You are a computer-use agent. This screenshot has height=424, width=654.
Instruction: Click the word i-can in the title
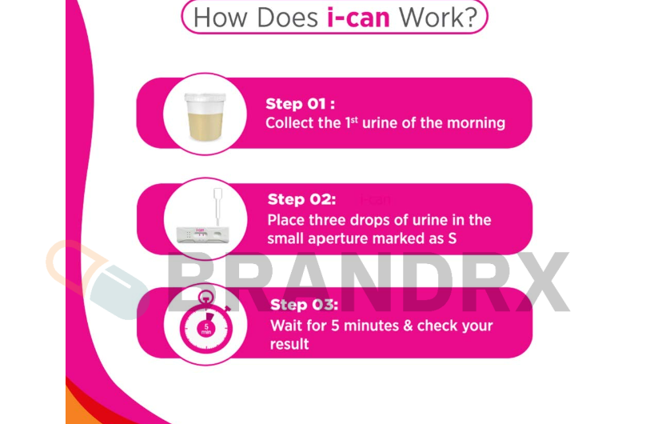358,18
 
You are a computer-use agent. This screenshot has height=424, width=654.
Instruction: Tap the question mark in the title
470,18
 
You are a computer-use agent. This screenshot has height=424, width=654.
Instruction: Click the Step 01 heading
300,103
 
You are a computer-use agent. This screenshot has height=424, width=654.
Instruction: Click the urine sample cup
205,117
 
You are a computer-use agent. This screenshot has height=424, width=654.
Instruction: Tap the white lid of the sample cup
205,98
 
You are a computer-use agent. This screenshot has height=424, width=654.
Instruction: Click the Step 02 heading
301,199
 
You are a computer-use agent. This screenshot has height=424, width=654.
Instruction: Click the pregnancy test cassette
203,234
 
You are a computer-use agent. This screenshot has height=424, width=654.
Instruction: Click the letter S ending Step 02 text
453,238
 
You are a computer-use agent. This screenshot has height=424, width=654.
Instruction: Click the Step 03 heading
304,305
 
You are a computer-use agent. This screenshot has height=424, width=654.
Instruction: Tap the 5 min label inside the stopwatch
206,330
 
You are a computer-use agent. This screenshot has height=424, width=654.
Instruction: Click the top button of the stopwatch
205,298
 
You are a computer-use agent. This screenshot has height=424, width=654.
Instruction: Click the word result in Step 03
289,344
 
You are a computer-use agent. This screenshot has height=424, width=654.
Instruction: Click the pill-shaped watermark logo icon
97,280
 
